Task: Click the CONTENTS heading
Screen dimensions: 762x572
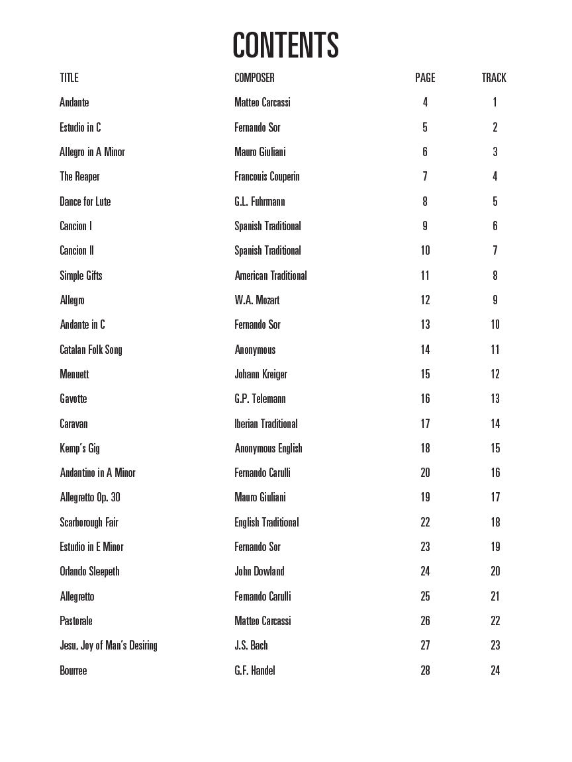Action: [x=285, y=45]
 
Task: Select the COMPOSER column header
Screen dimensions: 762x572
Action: [x=254, y=78]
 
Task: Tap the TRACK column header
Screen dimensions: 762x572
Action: [x=494, y=78]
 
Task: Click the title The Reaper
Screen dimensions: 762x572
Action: [x=79, y=177]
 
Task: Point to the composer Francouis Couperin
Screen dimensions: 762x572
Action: [x=267, y=177]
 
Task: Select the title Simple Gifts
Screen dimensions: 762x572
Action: [x=81, y=275]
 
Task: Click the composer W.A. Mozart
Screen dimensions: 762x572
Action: [x=257, y=300]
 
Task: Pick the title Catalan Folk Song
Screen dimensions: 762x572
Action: [x=91, y=349]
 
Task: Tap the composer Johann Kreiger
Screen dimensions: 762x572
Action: [x=261, y=374]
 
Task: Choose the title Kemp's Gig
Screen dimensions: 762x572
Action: [x=79, y=448]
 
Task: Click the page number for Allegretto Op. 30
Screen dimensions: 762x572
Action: [x=425, y=497]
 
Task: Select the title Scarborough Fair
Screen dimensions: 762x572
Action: [x=89, y=523]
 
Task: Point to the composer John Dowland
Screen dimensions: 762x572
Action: [x=260, y=571]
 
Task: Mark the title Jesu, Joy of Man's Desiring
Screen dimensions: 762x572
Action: [x=109, y=646]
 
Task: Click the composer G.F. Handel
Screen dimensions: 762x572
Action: [x=255, y=671]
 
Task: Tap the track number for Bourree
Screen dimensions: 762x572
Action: [x=495, y=671]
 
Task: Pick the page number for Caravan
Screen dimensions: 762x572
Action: [x=425, y=424]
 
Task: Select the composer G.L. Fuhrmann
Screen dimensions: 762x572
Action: [x=260, y=202]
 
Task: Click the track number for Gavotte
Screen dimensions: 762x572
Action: [x=495, y=399]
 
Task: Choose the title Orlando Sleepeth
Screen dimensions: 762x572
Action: [x=89, y=571]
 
